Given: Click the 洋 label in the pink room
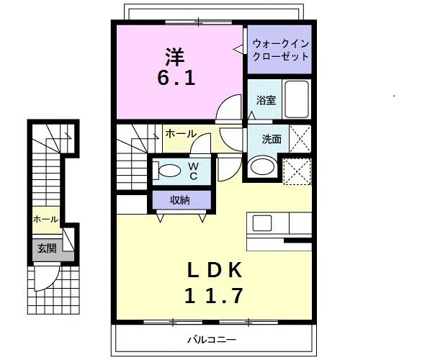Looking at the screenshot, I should point(176,54).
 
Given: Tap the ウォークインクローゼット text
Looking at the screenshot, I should point(280,50).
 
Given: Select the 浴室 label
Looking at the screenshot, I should point(266,101).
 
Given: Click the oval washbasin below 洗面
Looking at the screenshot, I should point(261,168).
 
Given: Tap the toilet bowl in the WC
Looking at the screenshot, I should point(169,171).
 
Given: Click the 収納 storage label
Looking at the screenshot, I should point(180,199).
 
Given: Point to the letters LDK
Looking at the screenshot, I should point(215,271).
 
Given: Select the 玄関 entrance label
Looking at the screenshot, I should point(46,248).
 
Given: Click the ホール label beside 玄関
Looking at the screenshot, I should point(45,219).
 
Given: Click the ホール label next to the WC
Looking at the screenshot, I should point(179,133).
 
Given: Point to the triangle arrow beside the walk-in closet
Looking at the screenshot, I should point(238,49).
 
